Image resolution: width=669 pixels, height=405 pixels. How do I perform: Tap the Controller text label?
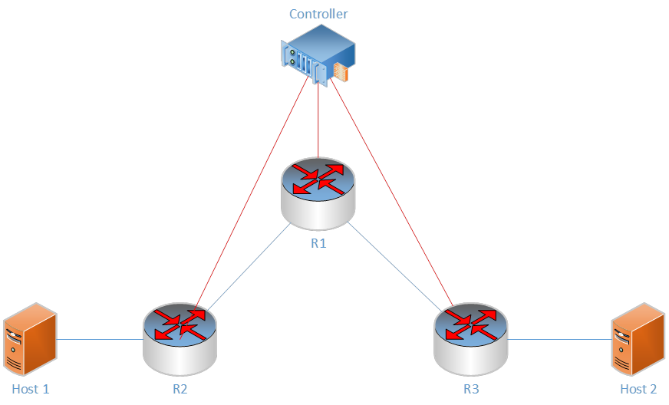pos(318,14)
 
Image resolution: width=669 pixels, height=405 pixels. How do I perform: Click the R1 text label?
pos(318,244)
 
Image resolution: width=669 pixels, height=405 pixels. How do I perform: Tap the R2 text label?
pos(180,389)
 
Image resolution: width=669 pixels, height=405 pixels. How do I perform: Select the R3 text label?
pos(470,389)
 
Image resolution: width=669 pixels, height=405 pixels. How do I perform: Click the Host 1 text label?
pos(31,389)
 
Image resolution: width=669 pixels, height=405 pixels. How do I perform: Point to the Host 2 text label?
pos(638,389)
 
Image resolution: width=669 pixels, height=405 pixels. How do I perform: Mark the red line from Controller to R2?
pos(253,192)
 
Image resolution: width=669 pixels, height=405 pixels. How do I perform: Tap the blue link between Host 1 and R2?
pos(100,339)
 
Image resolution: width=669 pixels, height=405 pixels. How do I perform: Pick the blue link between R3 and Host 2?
pos(560,339)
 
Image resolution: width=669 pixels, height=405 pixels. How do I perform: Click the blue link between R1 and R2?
pos(249,267)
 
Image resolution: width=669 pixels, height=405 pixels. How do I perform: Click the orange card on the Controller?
pos(341,74)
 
